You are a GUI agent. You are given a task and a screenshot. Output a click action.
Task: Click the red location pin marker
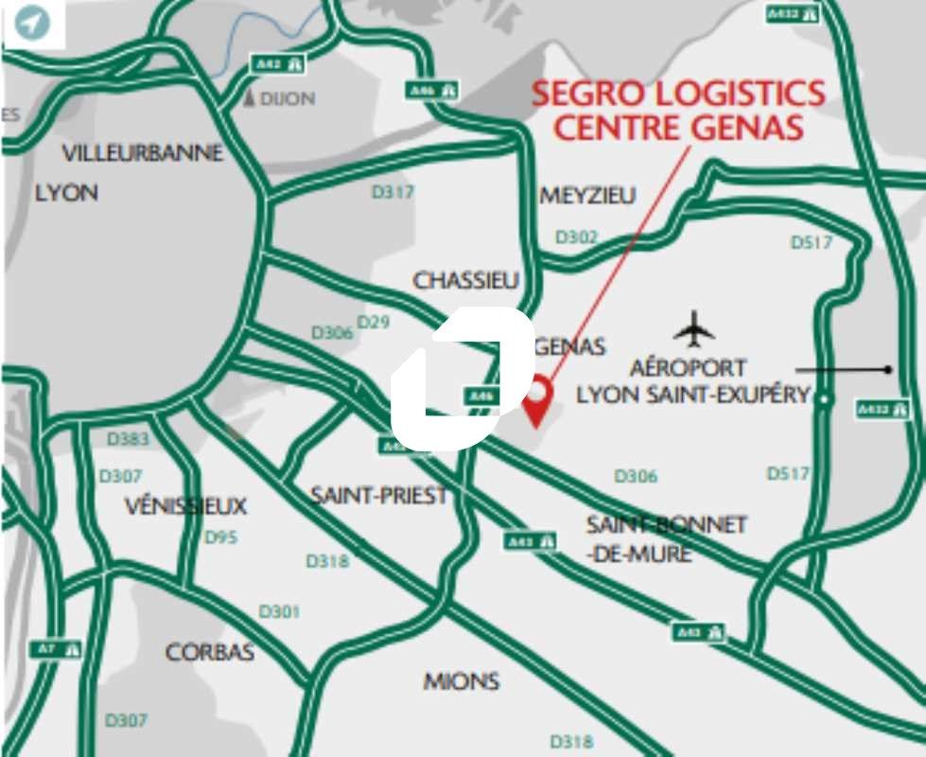click(x=538, y=397)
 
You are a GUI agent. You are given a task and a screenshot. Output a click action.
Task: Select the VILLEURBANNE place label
click(x=143, y=152)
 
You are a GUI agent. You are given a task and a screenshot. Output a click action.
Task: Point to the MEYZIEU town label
click(x=587, y=195)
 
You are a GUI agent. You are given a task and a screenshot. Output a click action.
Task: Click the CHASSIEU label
click(x=466, y=280)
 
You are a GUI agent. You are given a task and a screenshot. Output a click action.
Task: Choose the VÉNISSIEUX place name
click(x=185, y=506)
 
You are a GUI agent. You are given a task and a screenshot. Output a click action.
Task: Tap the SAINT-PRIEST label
click(x=379, y=495)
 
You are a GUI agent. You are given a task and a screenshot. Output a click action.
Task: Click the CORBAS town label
click(x=210, y=652)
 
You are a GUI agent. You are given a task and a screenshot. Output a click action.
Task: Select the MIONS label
click(x=462, y=681)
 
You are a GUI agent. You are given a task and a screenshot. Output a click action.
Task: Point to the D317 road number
click(x=393, y=192)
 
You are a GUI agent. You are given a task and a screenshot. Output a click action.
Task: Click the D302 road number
click(x=576, y=238)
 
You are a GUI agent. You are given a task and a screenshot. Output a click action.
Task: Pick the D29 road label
click(x=374, y=323)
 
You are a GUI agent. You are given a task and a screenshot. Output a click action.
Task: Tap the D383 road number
click(x=128, y=439)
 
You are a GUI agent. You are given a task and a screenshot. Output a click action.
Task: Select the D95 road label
click(x=221, y=537)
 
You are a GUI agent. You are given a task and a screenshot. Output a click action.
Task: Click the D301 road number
click(x=279, y=612)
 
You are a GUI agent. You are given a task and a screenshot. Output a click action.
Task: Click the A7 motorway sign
click(x=56, y=649)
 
